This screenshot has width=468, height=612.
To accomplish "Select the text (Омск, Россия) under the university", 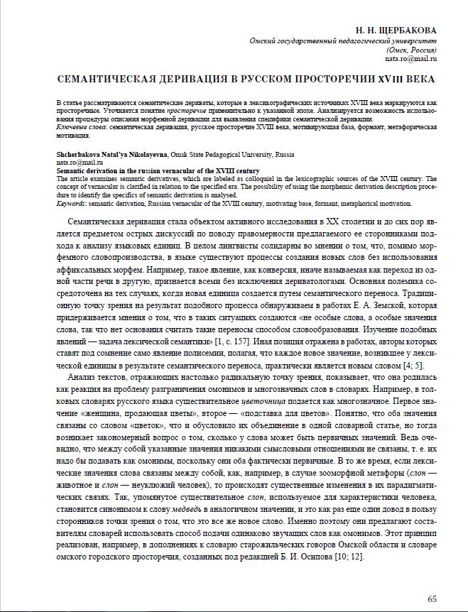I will pyautogui.click(x=411, y=51).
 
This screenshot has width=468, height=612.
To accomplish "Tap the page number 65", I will pyautogui.click(x=432, y=599).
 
